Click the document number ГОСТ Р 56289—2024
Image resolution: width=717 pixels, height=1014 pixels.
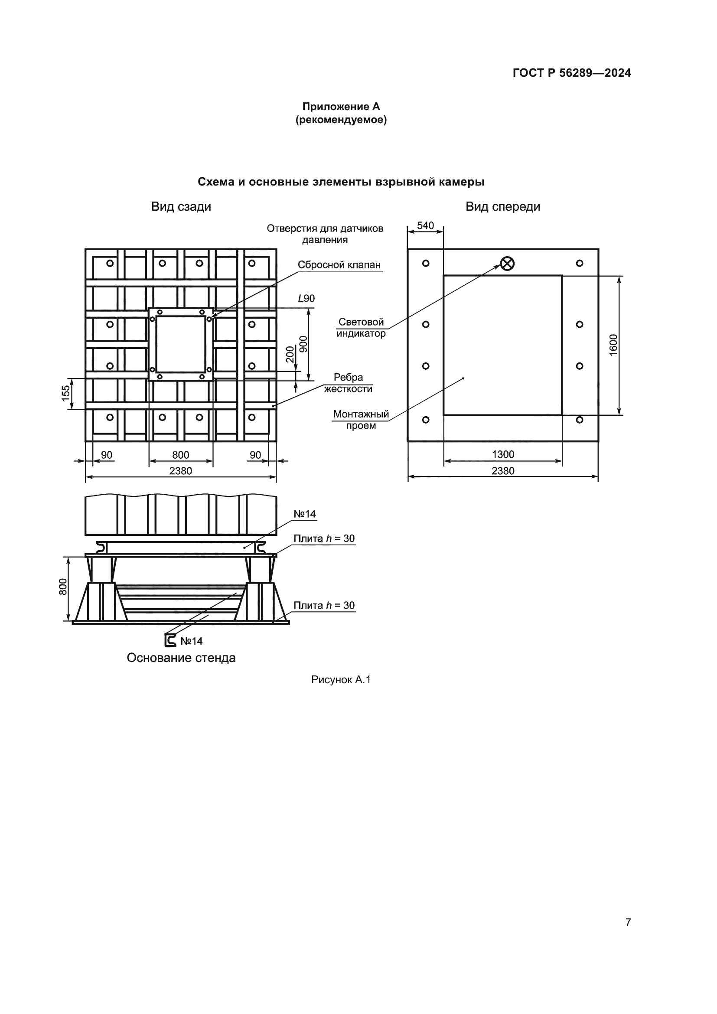tap(571, 73)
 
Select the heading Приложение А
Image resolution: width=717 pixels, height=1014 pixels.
tap(341, 107)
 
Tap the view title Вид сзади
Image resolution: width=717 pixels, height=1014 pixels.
tap(181, 207)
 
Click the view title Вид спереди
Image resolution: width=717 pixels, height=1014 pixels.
tap(502, 207)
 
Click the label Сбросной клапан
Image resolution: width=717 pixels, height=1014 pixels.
tap(339, 265)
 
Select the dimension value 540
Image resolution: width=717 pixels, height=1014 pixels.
tap(425, 226)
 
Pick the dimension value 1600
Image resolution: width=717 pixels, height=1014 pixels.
tap(614, 345)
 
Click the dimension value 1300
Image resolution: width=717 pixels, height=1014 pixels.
tap(503, 454)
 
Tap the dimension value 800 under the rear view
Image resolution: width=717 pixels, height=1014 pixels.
tap(181, 455)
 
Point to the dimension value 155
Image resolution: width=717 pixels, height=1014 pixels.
tap(65, 394)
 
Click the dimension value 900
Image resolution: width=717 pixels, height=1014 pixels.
tap(303, 344)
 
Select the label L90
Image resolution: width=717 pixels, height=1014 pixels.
tap(306, 299)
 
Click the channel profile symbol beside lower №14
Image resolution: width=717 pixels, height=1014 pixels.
tap(170, 640)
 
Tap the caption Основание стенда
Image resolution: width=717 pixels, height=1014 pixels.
tap(181, 658)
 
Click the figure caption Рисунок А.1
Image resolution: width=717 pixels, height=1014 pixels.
tap(341, 680)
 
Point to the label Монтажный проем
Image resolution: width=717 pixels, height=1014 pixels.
tap(361, 420)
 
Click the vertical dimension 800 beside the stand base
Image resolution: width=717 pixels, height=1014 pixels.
tap(63, 587)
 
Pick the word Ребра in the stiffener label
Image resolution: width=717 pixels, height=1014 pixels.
tap(348, 377)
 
